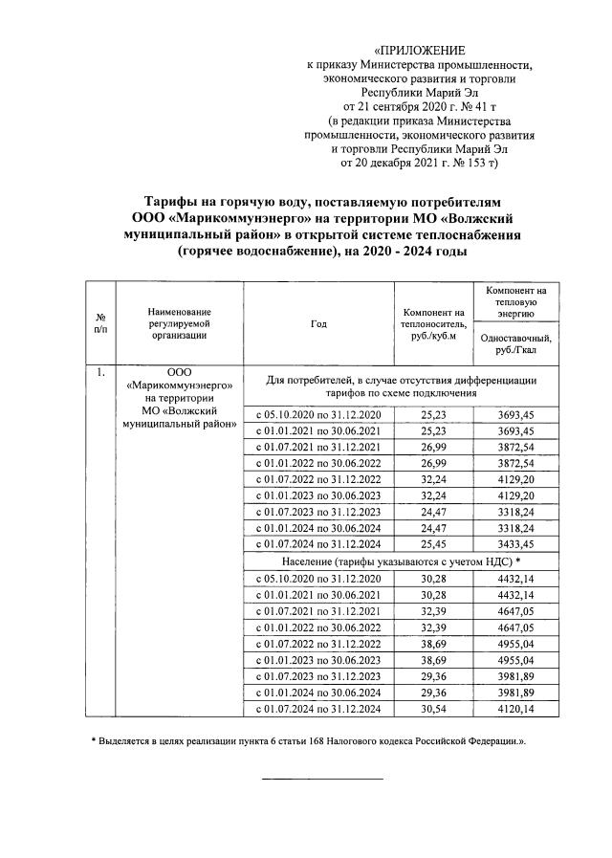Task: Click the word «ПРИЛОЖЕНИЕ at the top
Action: pyautogui.click(x=420, y=50)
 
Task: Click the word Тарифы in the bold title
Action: pyautogui.click(x=171, y=203)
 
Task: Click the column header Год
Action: pyautogui.click(x=318, y=324)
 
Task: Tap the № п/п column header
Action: pyautogui.click(x=100, y=324)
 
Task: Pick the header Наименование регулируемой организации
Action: pyautogui.click(x=180, y=323)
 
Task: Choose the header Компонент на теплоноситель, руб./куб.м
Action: pyautogui.click(x=433, y=324)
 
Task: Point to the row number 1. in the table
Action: pyautogui.click(x=100, y=372)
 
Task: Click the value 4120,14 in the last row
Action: pyautogui.click(x=515, y=709)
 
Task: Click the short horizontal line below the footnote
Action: pyautogui.click(x=322, y=780)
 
